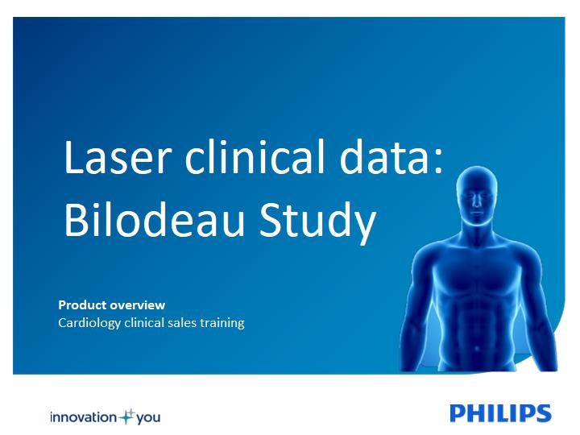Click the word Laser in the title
118,157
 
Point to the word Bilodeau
155,219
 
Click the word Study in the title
317,222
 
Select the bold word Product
82,304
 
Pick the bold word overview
138,304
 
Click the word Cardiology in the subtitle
89,323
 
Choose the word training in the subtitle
222,324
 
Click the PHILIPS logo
500,413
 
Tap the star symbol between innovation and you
127,416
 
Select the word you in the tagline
148,418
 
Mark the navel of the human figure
477,349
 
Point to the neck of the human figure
477,230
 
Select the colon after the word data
439,163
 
